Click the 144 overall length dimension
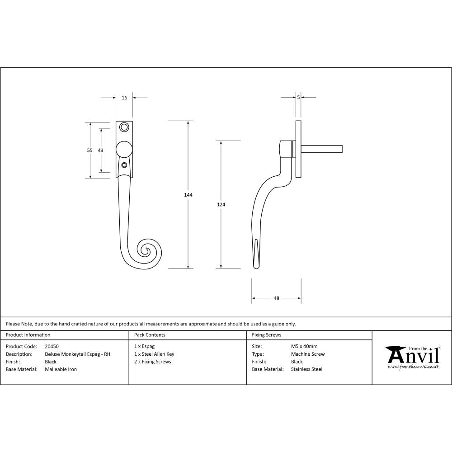tap(188, 195)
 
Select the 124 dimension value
tap(221, 205)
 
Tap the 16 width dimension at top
tap(124, 98)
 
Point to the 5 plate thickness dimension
tap(298, 97)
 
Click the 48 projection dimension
tap(277, 298)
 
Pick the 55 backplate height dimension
tap(90, 150)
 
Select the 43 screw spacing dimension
tap(101, 150)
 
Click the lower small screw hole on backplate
tap(124, 165)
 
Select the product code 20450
tap(52, 347)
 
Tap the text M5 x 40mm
tap(304, 347)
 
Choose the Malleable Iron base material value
tap(61, 369)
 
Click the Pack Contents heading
tap(150, 335)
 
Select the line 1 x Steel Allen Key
tap(154, 354)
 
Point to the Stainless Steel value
tap(306, 369)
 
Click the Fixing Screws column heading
tap(266, 335)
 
